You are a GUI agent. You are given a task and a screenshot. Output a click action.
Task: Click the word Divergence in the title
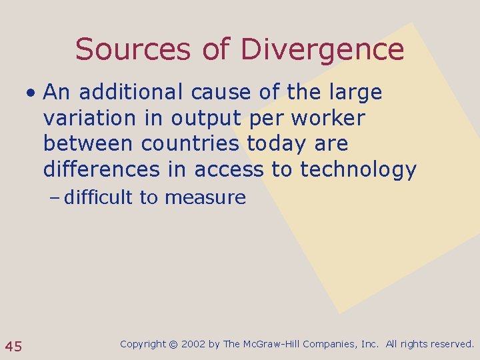coord(322,51)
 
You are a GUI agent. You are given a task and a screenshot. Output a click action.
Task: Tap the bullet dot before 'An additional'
coord(31,93)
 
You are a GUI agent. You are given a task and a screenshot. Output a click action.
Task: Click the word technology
coord(358,170)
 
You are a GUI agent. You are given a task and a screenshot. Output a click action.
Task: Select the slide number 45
coord(14,346)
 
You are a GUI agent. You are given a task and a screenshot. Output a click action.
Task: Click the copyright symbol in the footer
coord(173,345)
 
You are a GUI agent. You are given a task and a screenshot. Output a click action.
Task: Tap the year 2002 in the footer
coord(193,345)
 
